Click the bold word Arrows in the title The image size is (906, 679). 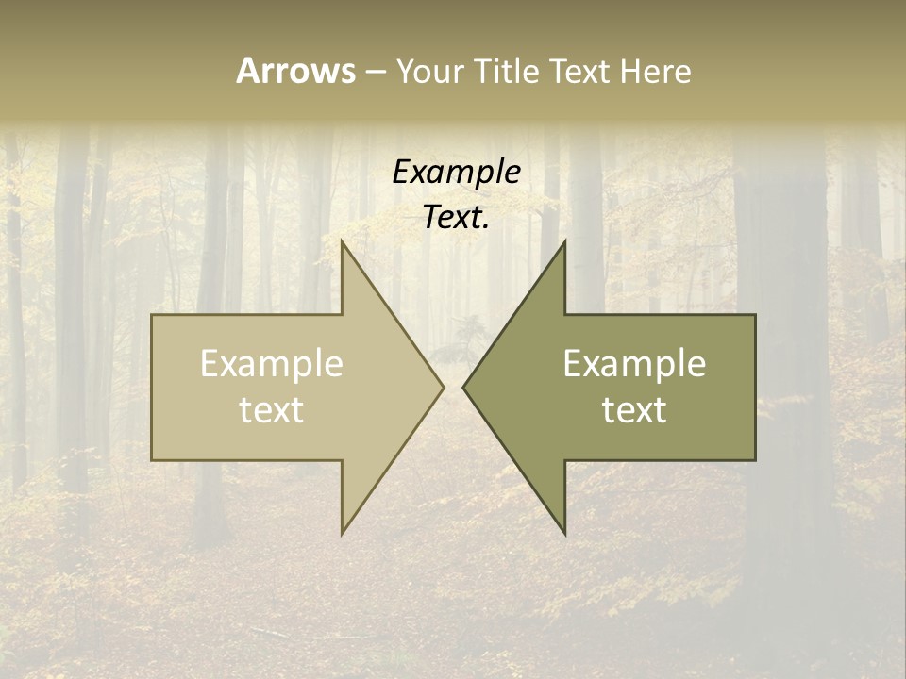coord(294,71)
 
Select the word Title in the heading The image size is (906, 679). coord(512,71)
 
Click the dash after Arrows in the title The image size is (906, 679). coord(375,72)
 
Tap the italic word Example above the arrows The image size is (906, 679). coord(456,173)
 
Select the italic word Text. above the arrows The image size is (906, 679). coord(456,217)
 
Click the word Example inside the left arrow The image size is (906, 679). coord(272,364)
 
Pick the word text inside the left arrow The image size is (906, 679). coord(272,409)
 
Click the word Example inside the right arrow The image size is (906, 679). coord(634,364)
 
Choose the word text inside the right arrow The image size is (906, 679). coord(634,409)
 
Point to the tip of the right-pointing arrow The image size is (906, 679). coord(445,387)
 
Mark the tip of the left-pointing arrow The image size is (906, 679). coord(462,387)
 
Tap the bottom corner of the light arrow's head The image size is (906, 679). coord(342,535)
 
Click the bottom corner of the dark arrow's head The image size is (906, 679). coord(565,535)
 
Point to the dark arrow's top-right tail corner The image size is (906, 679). coord(756,314)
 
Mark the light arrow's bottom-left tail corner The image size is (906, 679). coord(151,460)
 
